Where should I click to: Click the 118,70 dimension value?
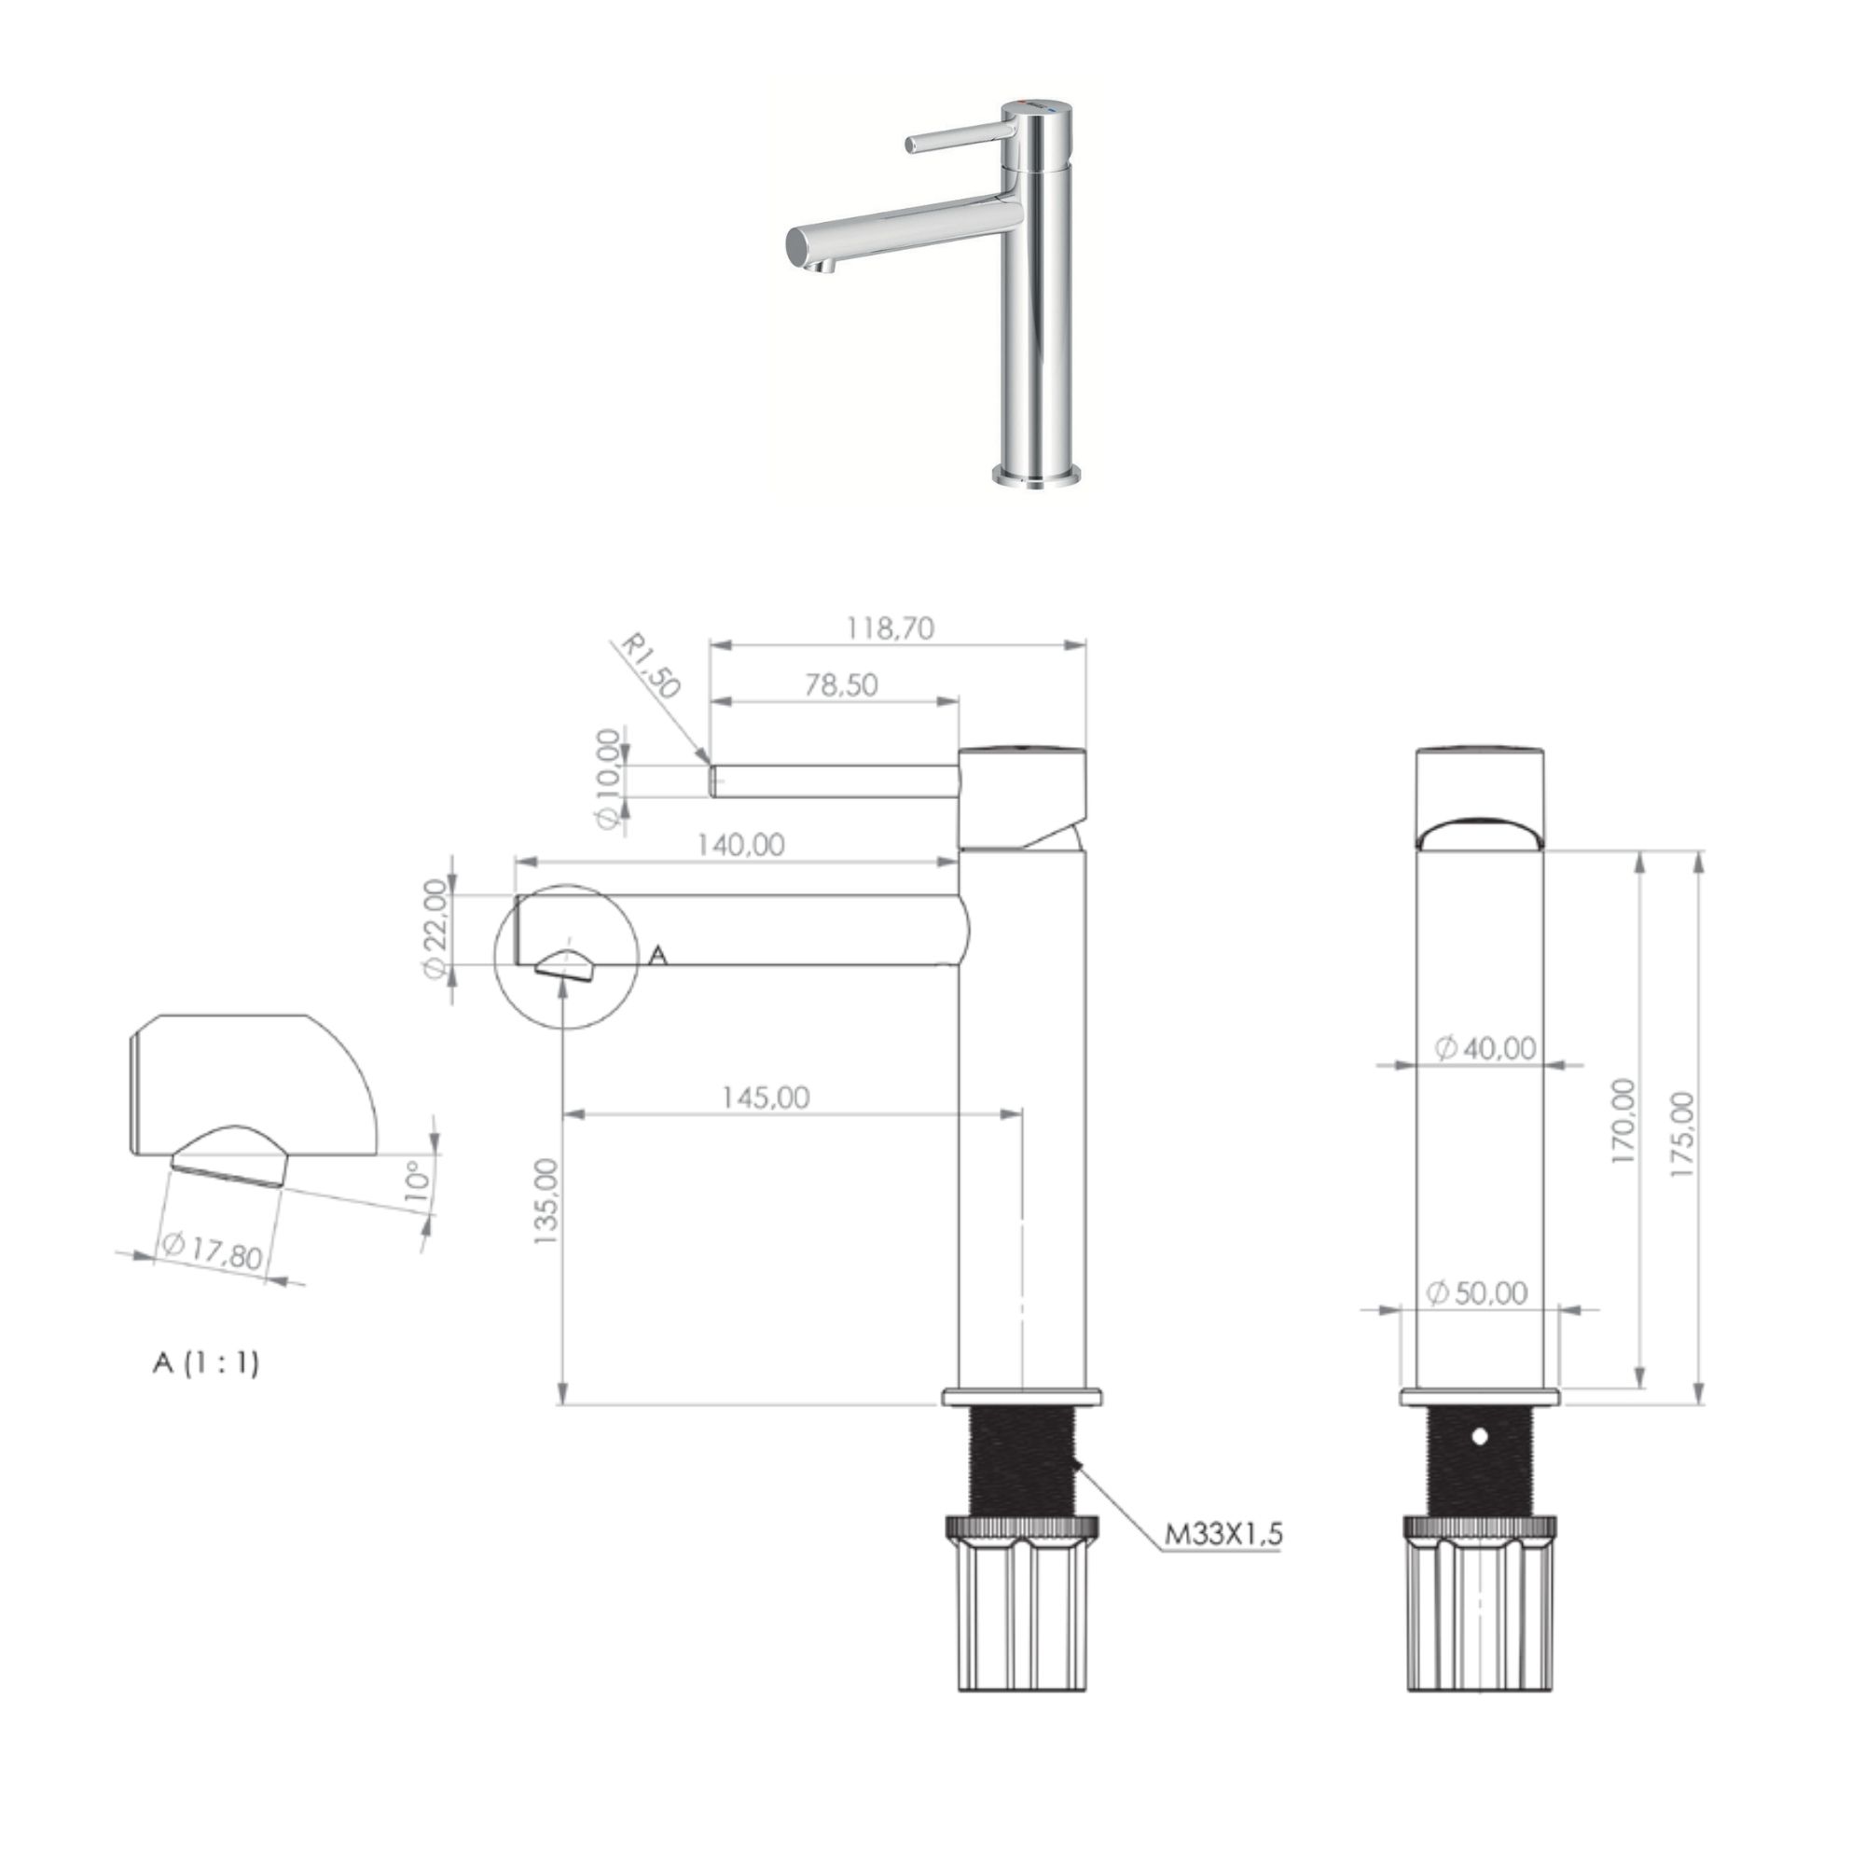(890, 629)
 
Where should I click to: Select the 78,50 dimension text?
(841, 684)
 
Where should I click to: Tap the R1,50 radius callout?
(650, 665)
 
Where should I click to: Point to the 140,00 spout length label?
(740, 845)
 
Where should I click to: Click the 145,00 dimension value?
(766, 1098)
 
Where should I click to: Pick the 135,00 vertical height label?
(546, 1201)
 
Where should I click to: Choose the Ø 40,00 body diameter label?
(1485, 1047)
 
